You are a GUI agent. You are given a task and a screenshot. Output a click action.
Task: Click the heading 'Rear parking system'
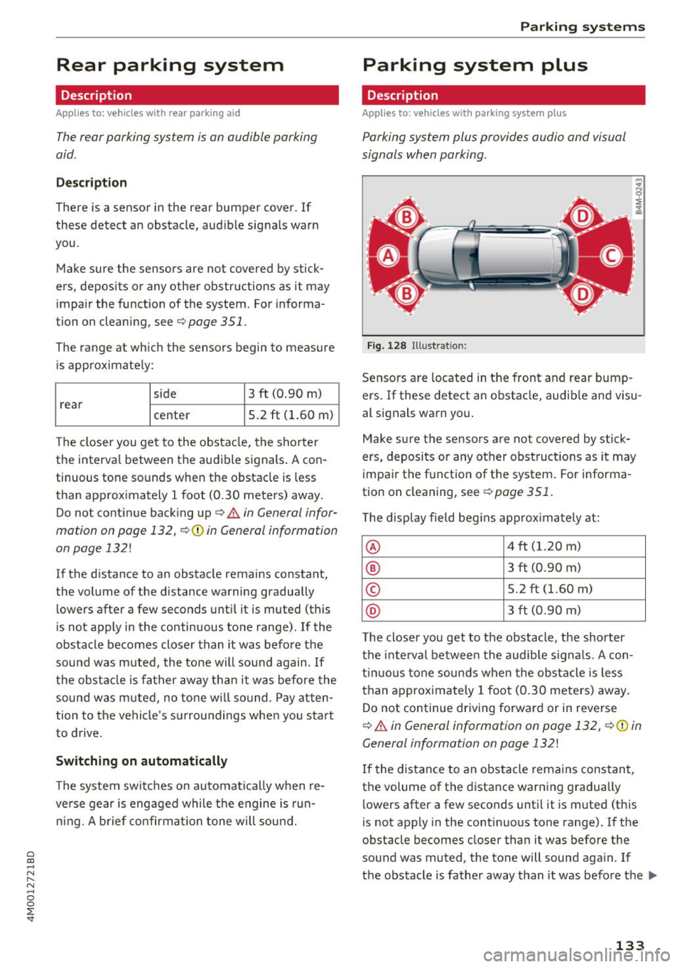[170, 65]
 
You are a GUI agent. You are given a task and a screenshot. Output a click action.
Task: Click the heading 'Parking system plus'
[475, 65]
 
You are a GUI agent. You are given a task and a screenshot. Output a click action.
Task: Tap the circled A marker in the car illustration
[388, 255]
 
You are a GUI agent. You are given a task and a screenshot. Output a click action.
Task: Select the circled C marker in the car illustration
[611, 255]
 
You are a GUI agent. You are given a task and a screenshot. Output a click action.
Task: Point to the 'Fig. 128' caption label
[386, 346]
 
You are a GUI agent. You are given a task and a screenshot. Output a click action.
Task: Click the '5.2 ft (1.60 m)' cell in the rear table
[291, 415]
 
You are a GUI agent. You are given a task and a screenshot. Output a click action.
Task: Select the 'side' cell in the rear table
[165, 394]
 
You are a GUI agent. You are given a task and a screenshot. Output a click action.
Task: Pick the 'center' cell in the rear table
[171, 415]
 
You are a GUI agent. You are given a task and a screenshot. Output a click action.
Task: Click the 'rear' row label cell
[71, 404]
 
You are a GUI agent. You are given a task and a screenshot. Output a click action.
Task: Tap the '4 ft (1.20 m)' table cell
[544, 546]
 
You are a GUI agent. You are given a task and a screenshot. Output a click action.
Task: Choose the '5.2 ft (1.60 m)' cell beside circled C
[550, 589]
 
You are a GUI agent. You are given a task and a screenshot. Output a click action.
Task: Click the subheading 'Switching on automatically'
[141, 761]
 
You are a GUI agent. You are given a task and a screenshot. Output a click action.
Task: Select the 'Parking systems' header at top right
[583, 27]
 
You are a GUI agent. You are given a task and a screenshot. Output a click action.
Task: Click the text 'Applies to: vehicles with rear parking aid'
[148, 113]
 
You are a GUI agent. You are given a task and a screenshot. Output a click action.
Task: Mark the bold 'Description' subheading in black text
[91, 183]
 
